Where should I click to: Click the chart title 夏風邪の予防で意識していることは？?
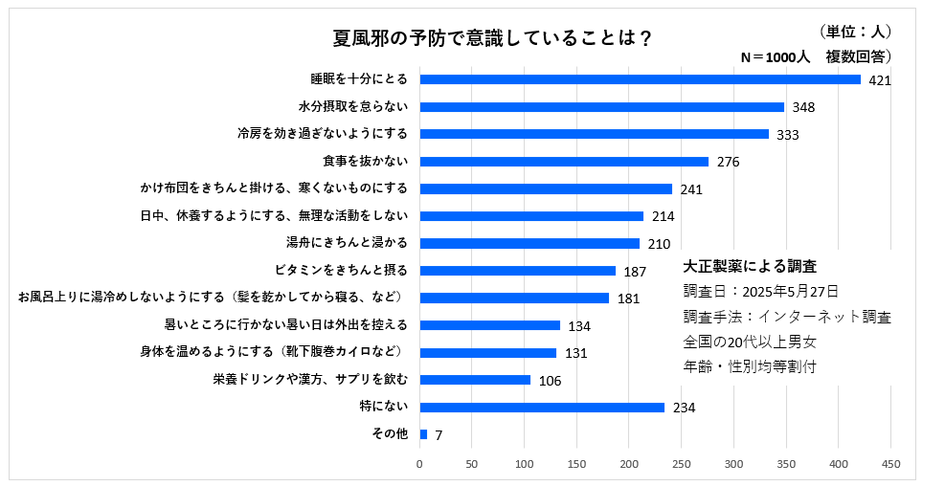tap(493, 38)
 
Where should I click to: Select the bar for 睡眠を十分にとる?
tap(640, 79)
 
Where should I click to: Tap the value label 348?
tap(803, 107)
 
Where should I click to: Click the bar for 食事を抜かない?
tap(564, 162)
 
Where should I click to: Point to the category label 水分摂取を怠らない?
tap(353, 106)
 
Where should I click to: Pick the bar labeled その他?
tap(423, 434)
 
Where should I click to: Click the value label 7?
tap(439, 435)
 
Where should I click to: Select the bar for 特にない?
tap(542, 408)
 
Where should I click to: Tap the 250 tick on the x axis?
tap(682, 464)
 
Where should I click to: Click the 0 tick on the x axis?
tap(419, 464)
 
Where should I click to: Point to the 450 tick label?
tap(890, 464)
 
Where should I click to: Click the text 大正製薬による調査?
tap(750, 267)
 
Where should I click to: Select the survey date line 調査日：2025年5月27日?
tap(761, 292)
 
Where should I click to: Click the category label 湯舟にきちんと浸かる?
tap(347, 243)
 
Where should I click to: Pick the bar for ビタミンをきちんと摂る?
tap(518, 271)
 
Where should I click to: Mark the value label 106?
tap(550, 381)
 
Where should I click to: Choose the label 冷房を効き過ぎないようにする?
tap(323, 134)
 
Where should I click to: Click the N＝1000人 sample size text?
tap(776, 57)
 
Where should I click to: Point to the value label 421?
tap(880, 80)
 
